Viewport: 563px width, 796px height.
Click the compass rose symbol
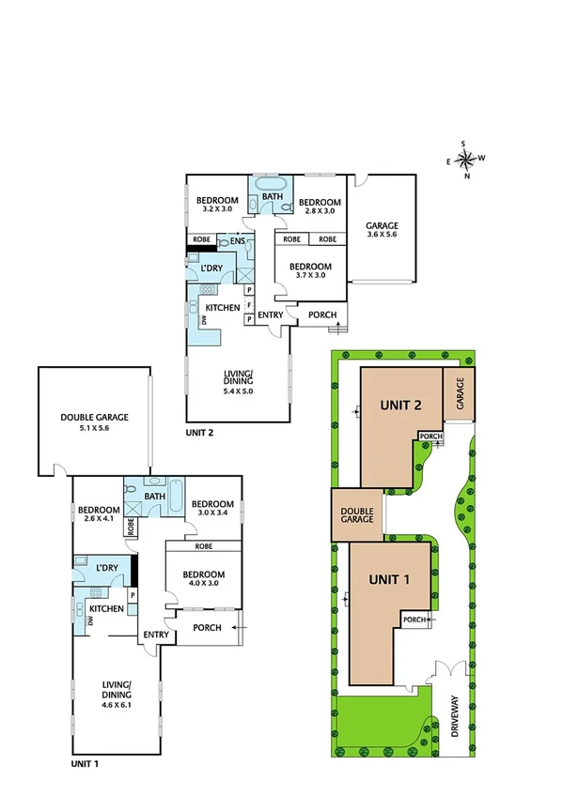click(x=466, y=160)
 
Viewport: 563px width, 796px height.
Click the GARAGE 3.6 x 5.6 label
click(x=383, y=230)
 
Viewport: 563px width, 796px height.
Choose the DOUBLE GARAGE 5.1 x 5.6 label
click(x=93, y=422)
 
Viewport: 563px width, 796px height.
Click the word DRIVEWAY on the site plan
click(x=457, y=713)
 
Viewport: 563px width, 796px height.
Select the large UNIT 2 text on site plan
click(x=399, y=406)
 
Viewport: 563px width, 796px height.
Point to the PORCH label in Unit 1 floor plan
click(x=207, y=627)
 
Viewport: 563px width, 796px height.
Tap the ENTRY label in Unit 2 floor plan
click(x=270, y=314)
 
